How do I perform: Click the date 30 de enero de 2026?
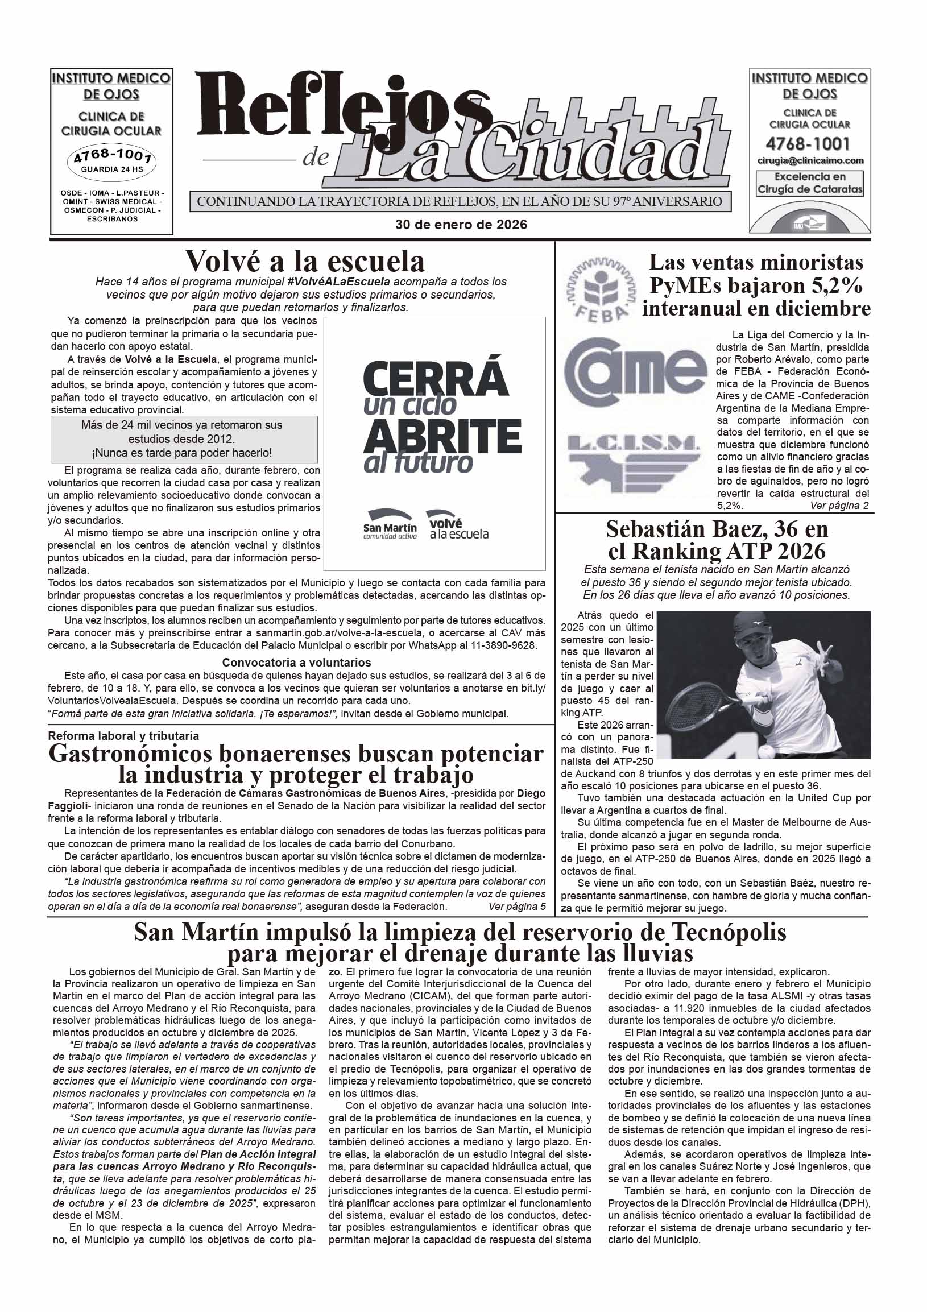(x=461, y=225)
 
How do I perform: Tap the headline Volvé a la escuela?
(x=305, y=262)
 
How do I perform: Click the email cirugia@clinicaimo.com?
(x=810, y=160)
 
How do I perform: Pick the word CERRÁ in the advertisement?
(x=436, y=377)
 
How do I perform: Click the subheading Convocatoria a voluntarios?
(x=296, y=663)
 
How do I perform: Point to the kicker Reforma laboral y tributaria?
(x=123, y=736)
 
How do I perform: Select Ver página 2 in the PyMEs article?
(x=839, y=506)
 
